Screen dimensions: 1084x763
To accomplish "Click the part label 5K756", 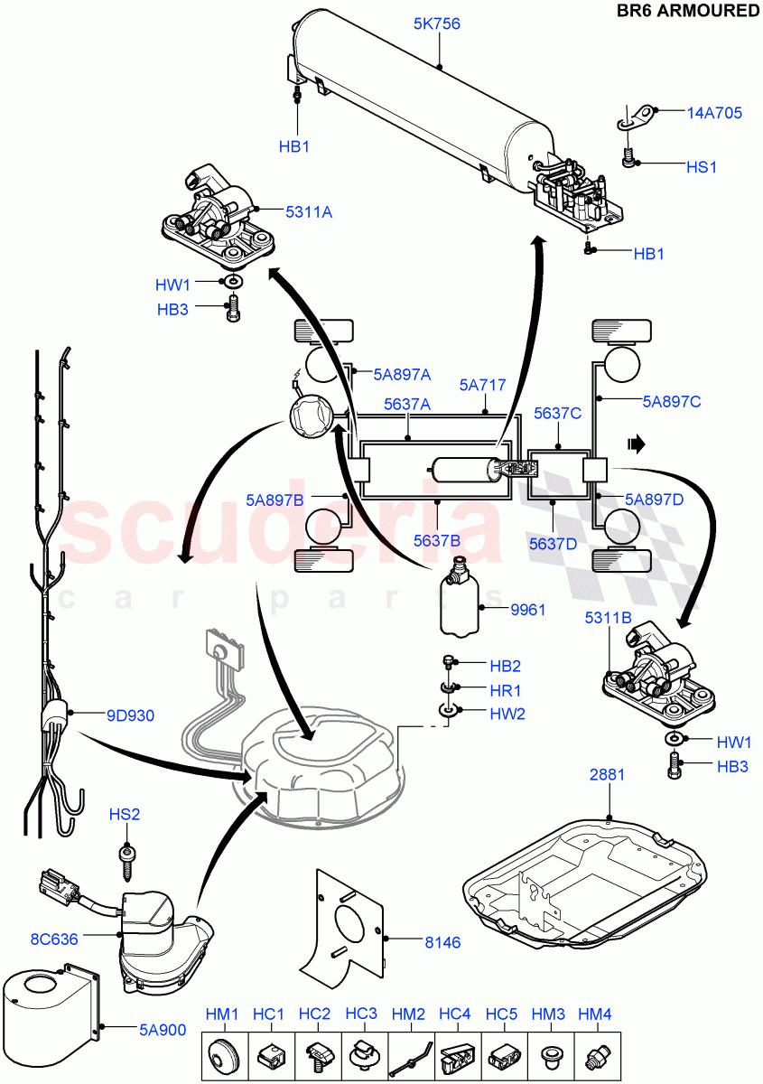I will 437,24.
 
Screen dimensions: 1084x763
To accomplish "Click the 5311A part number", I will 309,212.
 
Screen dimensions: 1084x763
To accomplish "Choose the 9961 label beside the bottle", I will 528,610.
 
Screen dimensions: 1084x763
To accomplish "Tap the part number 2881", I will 608,775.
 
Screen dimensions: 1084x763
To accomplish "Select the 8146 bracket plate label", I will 442,942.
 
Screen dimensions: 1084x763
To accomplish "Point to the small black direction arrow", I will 637,444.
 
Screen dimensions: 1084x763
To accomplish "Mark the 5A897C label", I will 672,401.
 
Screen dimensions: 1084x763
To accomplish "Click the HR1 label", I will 506,689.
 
